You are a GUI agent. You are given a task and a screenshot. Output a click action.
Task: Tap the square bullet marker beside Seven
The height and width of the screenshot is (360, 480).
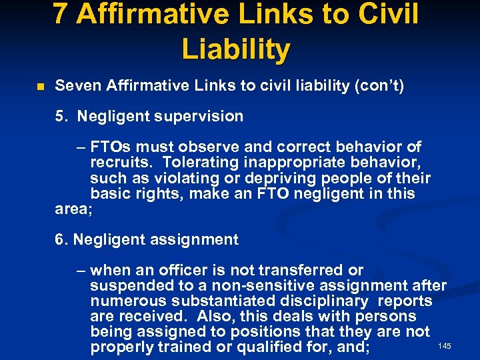coord(40,87)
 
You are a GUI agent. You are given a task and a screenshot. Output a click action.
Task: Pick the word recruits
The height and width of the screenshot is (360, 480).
coord(115,163)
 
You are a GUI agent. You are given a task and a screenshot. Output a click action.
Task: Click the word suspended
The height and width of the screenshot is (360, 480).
coord(126,286)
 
